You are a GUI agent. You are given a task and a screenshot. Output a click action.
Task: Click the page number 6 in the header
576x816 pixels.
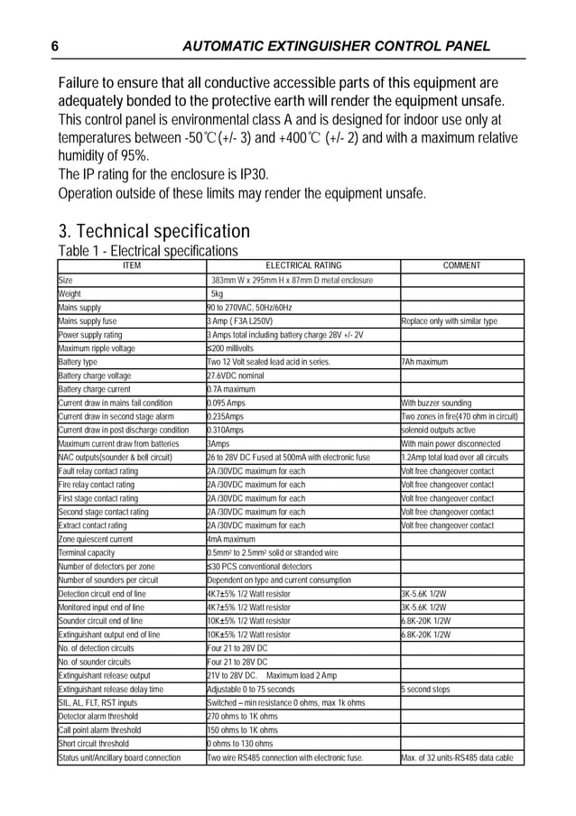[55, 46]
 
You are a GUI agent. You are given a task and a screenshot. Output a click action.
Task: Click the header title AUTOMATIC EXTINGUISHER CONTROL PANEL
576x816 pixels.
[336, 46]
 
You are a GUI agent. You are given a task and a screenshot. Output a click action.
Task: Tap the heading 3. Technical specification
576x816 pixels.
[153, 230]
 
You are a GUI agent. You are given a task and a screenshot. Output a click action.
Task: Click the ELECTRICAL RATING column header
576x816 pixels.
[302, 265]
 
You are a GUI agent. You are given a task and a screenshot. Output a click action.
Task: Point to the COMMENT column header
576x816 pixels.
[461, 265]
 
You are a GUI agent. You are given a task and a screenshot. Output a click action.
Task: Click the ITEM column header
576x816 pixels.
[131, 265]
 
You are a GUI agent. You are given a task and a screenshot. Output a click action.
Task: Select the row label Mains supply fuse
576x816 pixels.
[88, 320]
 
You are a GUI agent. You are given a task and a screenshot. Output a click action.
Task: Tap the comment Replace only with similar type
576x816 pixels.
[449, 320]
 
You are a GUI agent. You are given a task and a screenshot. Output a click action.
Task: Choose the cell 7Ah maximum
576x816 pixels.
[424, 362]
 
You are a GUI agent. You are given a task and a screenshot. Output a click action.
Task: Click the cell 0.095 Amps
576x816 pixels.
[226, 403]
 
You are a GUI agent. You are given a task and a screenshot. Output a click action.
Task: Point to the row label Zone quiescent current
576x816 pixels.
[95, 539]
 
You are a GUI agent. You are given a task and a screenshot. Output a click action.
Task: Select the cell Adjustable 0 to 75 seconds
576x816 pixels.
[250, 689]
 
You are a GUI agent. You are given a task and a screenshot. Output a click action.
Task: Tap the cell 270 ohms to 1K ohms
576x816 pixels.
[242, 716]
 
